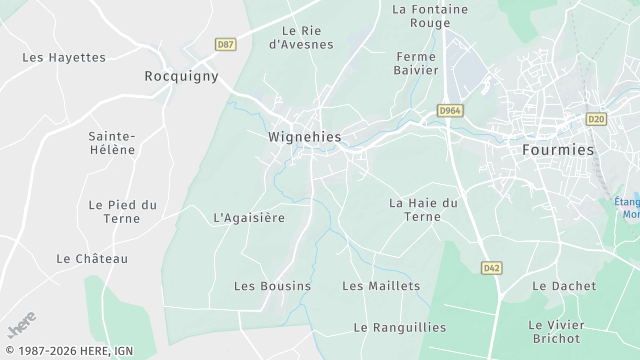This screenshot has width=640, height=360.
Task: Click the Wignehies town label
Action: (x=305, y=136)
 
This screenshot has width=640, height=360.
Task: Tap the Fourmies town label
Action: (x=558, y=148)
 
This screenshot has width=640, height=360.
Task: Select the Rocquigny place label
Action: (x=181, y=76)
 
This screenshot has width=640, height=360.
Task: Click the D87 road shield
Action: (x=225, y=44)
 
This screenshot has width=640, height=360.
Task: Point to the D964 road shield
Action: (x=450, y=111)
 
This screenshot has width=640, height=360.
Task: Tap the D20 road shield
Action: (x=596, y=118)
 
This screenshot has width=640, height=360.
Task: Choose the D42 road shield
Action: (x=490, y=268)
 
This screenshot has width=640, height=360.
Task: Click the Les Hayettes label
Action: (x=64, y=57)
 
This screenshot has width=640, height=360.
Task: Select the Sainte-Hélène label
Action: (x=112, y=142)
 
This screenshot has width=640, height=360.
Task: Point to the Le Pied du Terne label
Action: (x=122, y=211)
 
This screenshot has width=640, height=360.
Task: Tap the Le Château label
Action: (x=93, y=258)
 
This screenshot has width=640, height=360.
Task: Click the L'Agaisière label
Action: (x=249, y=217)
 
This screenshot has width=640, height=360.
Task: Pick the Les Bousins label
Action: (x=272, y=286)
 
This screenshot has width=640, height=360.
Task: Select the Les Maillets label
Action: (x=381, y=286)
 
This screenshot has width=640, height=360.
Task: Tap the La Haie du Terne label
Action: (x=423, y=209)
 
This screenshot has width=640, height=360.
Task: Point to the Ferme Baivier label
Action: (x=417, y=63)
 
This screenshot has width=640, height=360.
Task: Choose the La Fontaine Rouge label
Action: (x=430, y=16)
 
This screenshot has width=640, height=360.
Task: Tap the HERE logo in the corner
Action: (x=22, y=327)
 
